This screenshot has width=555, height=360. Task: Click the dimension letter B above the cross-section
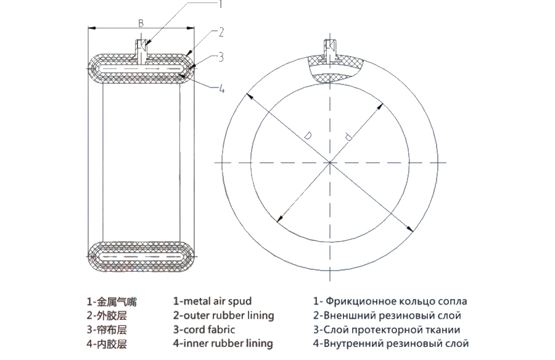[x=141, y=23]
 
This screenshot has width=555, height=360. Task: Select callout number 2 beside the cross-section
[x=221, y=31]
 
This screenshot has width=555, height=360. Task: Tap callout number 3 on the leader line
[x=221, y=57]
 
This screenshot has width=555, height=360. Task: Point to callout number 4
[x=221, y=89]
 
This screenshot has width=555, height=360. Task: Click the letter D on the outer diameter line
[x=306, y=134]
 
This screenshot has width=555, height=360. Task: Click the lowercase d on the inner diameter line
[x=348, y=139]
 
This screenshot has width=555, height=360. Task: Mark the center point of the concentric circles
[x=329, y=162]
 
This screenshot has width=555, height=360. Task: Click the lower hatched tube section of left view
[x=141, y=255]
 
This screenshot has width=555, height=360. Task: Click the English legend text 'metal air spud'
[x=212, y=301]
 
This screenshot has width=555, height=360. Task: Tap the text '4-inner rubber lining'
[x=223, y=343]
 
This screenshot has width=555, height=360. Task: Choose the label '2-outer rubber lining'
[x=223, y=316]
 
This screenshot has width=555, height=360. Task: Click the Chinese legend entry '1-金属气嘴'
[x=111, y=302]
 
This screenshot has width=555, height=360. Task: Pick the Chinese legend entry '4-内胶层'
[x=107, y=343]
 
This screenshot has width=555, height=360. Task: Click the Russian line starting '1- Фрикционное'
[x=390, y=301]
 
